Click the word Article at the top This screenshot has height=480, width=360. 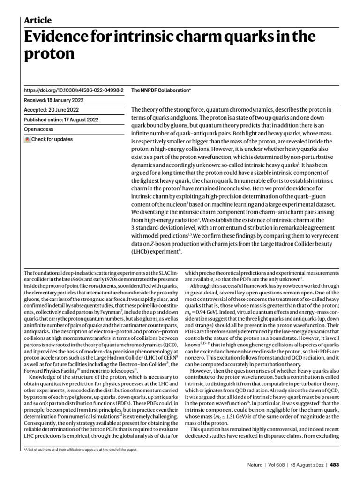point(37,20)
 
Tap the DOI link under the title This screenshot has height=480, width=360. point(74,90)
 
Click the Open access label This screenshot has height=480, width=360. point(38,129)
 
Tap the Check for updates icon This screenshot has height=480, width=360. point(27,139)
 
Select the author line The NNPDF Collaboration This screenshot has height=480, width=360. point(161,90)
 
